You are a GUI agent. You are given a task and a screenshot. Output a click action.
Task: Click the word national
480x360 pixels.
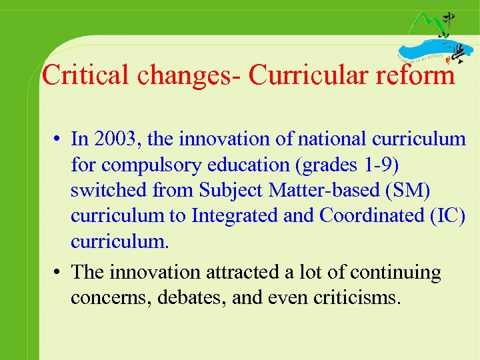tap(330, 139)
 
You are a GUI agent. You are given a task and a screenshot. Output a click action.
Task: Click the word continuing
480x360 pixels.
tap(395, 272)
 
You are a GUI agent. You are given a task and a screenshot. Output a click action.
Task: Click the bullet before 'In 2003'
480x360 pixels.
tap(59, 139)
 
